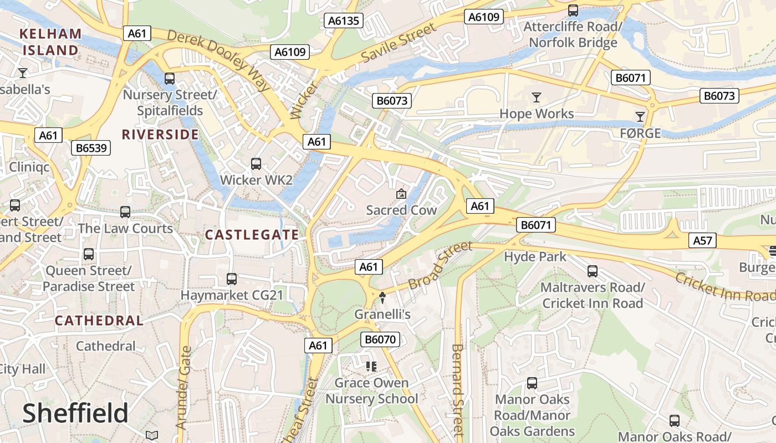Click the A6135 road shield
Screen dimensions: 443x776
click(344, 21)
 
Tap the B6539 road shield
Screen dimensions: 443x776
click(91, 148)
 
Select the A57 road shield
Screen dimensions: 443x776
click(702, 240)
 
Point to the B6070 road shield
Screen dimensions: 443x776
click(380, 339)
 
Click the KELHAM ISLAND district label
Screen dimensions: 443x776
click(50, 42)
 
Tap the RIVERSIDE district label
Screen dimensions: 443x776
click(160, 135)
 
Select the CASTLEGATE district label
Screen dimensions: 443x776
click(252, 235)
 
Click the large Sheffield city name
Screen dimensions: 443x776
click(75, 414)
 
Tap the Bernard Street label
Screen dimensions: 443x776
click(457, 390)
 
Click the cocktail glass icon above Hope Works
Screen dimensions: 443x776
click(536, 98)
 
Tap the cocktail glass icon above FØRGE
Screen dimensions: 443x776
click(640, 116)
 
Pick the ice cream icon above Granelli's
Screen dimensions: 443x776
click(382, 298)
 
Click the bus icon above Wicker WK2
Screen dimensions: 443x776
click(256, 164)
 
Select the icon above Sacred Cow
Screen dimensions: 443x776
click(401, 194)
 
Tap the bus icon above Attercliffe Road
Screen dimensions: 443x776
click(573, 10)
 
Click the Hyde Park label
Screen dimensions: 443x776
click(535, 257)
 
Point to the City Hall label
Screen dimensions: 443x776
click(22, 369)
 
